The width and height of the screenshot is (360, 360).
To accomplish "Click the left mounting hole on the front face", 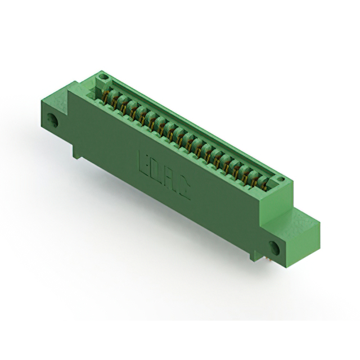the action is [52, 120].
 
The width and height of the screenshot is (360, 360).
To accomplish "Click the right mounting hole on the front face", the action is [274, 248].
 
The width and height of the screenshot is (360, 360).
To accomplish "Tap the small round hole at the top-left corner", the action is [104, 76].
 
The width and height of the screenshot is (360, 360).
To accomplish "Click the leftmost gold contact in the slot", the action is [106, 97].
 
